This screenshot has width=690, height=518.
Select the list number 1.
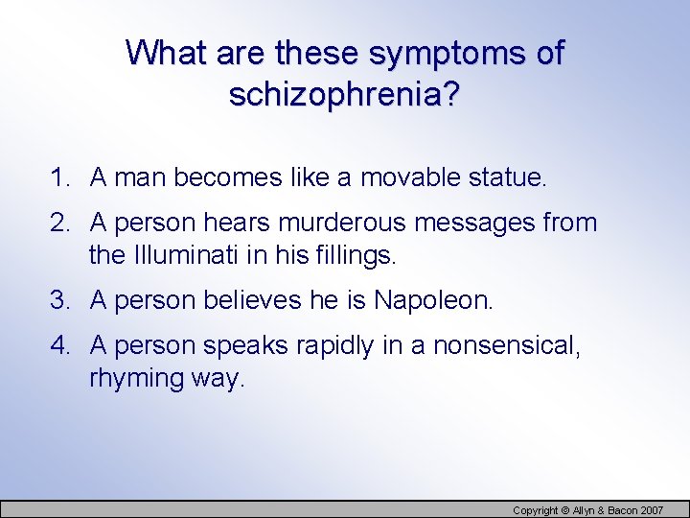point(60,177)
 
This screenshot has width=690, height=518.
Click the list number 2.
point(60,224)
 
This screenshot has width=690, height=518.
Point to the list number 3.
point(60,300)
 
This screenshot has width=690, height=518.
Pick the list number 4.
point(60,346)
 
